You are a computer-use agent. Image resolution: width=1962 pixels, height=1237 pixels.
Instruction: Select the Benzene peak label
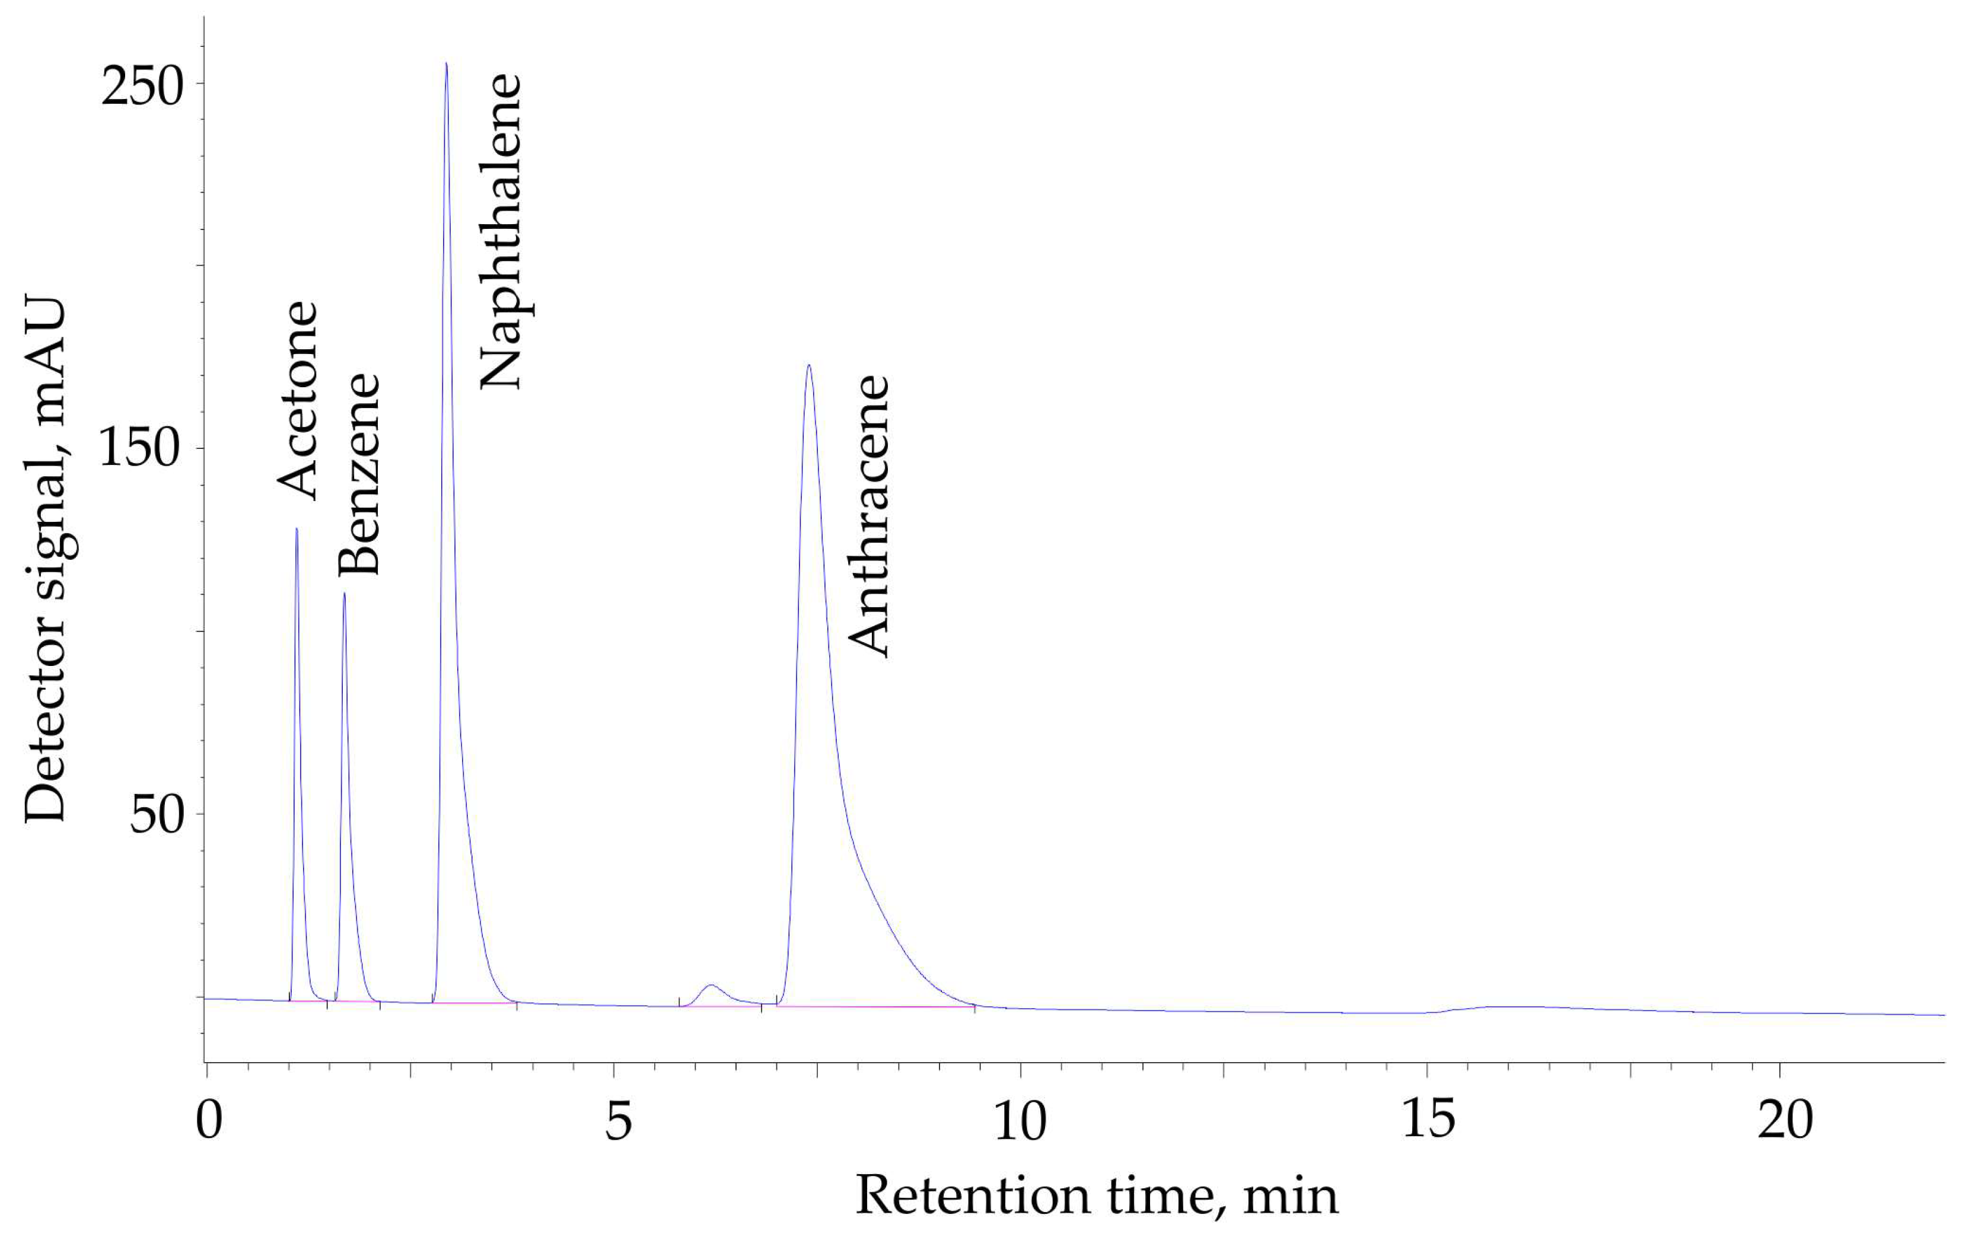click(x=359, y=474)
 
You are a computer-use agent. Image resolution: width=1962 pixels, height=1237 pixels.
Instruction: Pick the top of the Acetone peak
click(x=297, y=529)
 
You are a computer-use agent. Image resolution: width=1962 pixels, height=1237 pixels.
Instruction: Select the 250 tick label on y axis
click(x=142, y=87)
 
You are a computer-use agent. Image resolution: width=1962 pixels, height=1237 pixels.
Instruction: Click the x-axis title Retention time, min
click(x=1096, y=1196)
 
